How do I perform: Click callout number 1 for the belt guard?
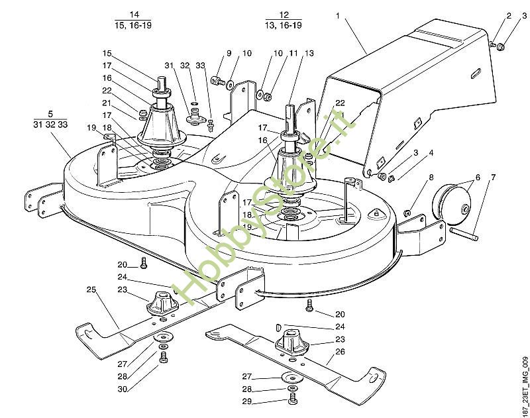pyautogui.click(x=338, y=15)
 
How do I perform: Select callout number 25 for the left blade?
pyautogui.click(x=91, y=289)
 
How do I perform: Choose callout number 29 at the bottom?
pyautogui.click(x=246, y=402)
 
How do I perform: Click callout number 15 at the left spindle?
pyautogui.click(x=107, y=52)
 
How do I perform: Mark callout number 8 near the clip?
pyautogui.click(x=431, y=177)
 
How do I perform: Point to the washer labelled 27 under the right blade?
pyautogui.click(x=289, y=377)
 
